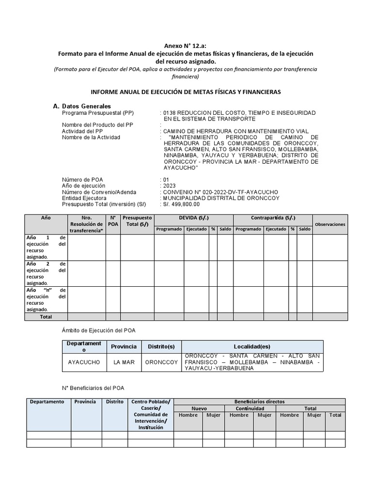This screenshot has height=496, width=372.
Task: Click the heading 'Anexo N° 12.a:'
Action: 186,45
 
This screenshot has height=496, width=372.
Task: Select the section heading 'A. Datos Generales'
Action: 82,106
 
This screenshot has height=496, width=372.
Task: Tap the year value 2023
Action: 170,186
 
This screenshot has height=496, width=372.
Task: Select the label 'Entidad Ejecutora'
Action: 85,198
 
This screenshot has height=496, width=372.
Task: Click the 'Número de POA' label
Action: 82,179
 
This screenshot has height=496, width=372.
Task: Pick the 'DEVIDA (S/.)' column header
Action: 193,218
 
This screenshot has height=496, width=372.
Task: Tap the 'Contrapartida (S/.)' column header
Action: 273,218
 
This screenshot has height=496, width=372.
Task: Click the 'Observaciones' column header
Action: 330,224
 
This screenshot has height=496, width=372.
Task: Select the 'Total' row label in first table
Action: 46,317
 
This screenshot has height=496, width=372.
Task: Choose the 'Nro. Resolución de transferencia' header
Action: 86,224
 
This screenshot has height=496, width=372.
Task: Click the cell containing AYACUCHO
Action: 84,362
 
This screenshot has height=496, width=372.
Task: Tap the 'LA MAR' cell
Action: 124,362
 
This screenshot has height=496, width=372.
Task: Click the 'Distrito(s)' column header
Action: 161,347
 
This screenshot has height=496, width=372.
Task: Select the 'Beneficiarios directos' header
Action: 259,402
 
